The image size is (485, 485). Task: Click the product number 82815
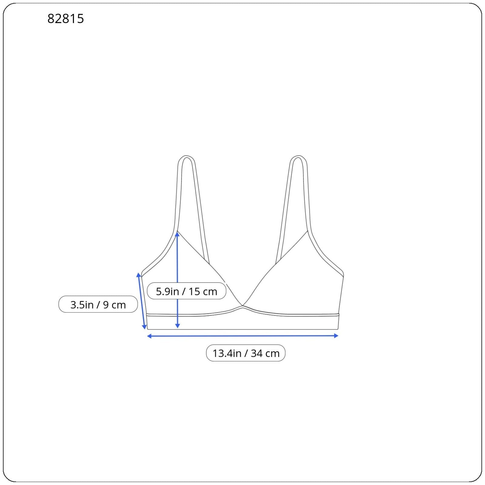point(65,19)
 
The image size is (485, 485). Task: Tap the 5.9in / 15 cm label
point(186,291)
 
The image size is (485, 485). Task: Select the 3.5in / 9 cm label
point(98,304)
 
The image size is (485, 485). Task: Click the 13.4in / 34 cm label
point(246,353)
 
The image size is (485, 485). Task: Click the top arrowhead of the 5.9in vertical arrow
point(177,234)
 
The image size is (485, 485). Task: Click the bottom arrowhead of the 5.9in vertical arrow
point(178,326)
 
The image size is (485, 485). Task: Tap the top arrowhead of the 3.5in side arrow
point(139,275)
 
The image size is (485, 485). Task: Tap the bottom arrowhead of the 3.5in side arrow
point(145,327)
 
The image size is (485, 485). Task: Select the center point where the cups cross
point(242,306)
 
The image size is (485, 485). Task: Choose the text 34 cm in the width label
point(265,353)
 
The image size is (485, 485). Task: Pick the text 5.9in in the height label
point(167,291)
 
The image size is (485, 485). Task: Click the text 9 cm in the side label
point(114,304)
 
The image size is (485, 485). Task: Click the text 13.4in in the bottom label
point(227,353)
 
